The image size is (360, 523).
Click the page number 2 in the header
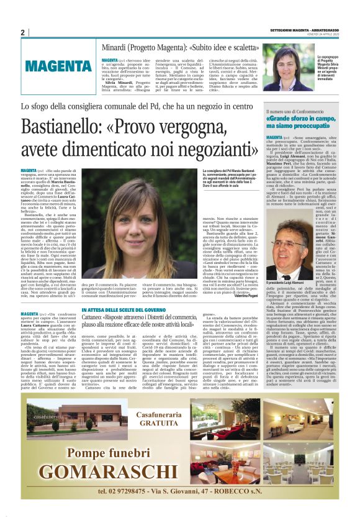coord(22,32)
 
